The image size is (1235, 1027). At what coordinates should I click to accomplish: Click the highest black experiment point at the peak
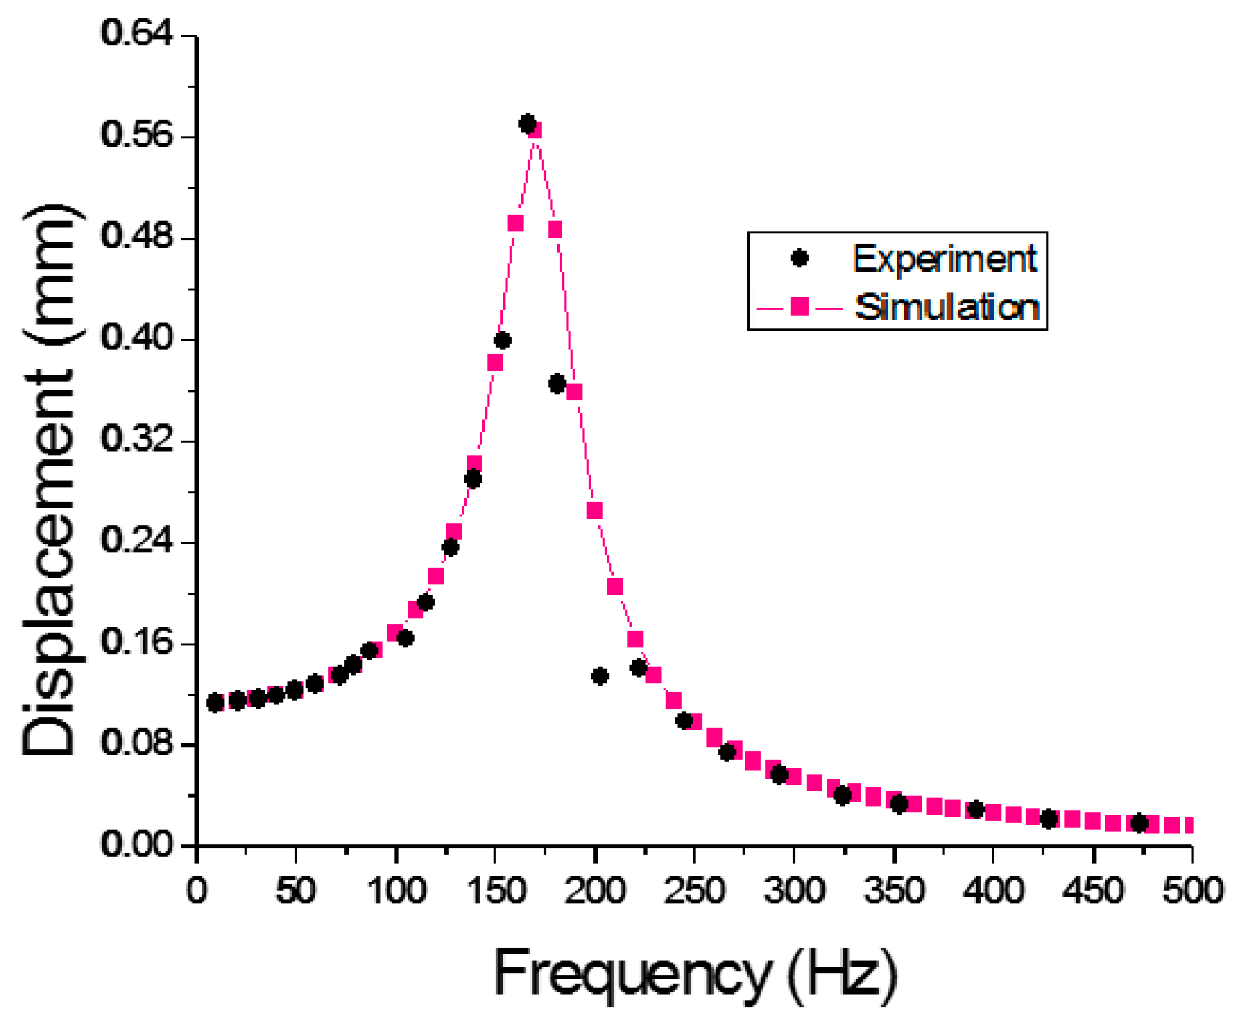tap(528, 124)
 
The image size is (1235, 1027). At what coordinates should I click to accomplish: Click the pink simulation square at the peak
tap(534, 130)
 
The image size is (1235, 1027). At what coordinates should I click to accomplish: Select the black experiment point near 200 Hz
tap(600, 676)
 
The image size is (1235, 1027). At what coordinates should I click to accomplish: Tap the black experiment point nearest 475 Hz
tap(1139, 822)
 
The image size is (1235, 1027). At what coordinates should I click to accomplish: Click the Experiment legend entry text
tap(945, 258)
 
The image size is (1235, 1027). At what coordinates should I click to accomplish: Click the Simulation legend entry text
tap(947, 308)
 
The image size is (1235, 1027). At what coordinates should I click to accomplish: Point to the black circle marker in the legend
tap(799, 258)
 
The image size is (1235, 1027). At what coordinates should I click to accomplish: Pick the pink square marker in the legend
tap(799, 308)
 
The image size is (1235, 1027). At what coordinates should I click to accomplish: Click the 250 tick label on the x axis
tap(693, 891)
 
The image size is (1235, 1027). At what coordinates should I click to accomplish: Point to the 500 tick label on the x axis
tap(1192, 891)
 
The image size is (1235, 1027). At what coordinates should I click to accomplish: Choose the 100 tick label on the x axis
tap(396, 891)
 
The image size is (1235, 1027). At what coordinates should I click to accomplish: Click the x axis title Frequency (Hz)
tap(696, 973)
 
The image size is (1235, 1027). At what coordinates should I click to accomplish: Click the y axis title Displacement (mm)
tap(50, 480)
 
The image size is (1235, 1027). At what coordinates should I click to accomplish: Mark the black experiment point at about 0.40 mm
tap(503, 340)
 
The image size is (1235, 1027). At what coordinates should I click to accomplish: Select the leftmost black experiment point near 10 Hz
tap(215, 702)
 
